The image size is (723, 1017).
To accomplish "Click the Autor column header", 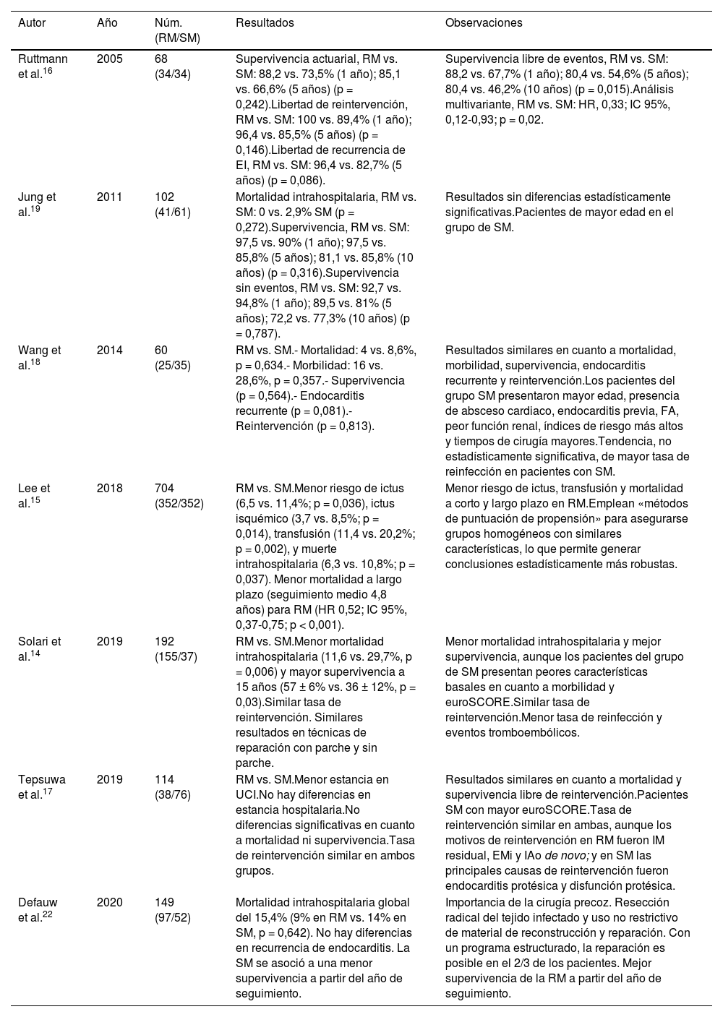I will (32, 22).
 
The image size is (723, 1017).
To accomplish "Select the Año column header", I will (107, 22).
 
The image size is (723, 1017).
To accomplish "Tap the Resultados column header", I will (265, 22).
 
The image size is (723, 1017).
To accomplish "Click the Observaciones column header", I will (484, 22).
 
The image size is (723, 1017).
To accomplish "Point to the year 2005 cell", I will (110, 59).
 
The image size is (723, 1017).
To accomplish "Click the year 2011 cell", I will (110, 197).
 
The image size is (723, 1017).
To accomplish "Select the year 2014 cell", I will (110, 350).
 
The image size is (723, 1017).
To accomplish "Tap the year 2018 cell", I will (110, 488).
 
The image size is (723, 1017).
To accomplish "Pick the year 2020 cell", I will (110, 902).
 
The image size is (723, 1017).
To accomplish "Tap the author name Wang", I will (31, 350).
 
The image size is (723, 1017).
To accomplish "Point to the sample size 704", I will (164, 488).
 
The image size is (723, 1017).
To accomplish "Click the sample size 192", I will (164, 641).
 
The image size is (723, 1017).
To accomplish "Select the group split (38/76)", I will (173, 794).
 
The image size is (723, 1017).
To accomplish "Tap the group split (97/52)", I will (173, 917).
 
